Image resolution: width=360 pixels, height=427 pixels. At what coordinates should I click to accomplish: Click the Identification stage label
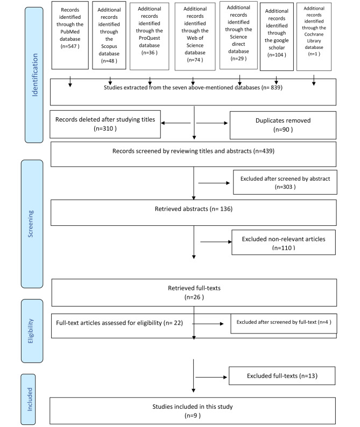(x=34, y=75)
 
